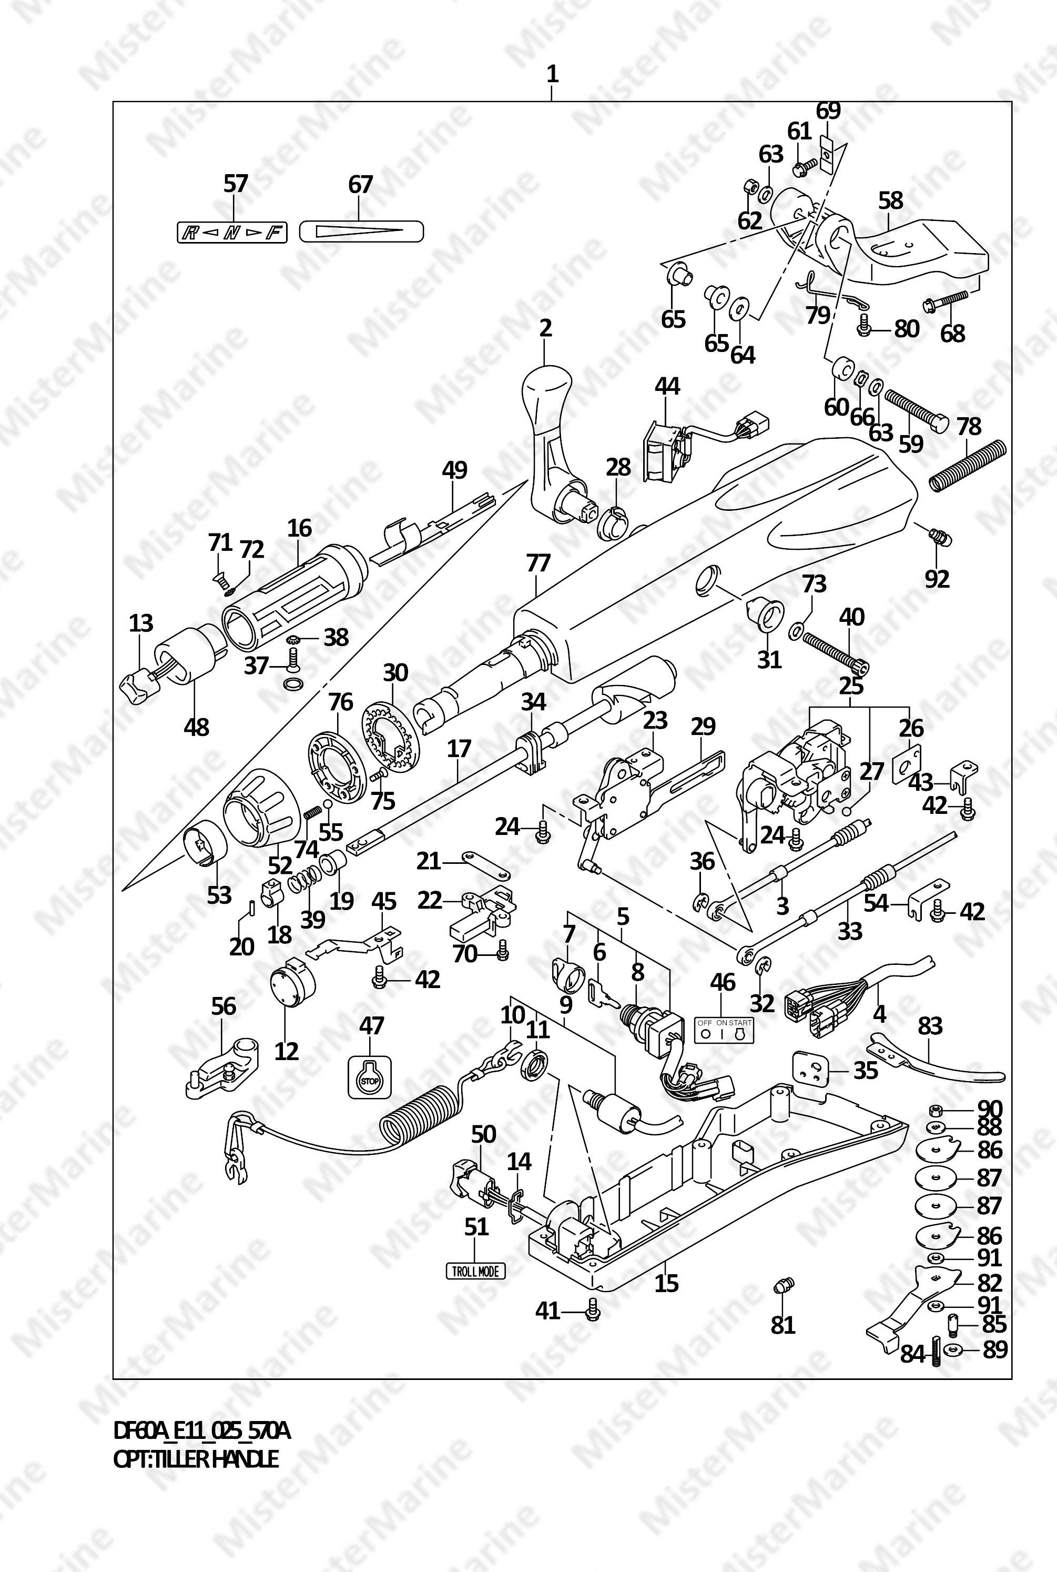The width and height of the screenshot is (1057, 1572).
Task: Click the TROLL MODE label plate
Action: pos(475,1271)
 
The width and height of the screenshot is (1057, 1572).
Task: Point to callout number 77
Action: pos(538,563)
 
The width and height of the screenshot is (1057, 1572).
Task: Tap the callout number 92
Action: pos(937,578)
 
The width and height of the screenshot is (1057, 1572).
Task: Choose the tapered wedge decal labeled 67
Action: pos(361,232)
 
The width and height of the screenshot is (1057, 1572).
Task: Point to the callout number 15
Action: pos(666,1282)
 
